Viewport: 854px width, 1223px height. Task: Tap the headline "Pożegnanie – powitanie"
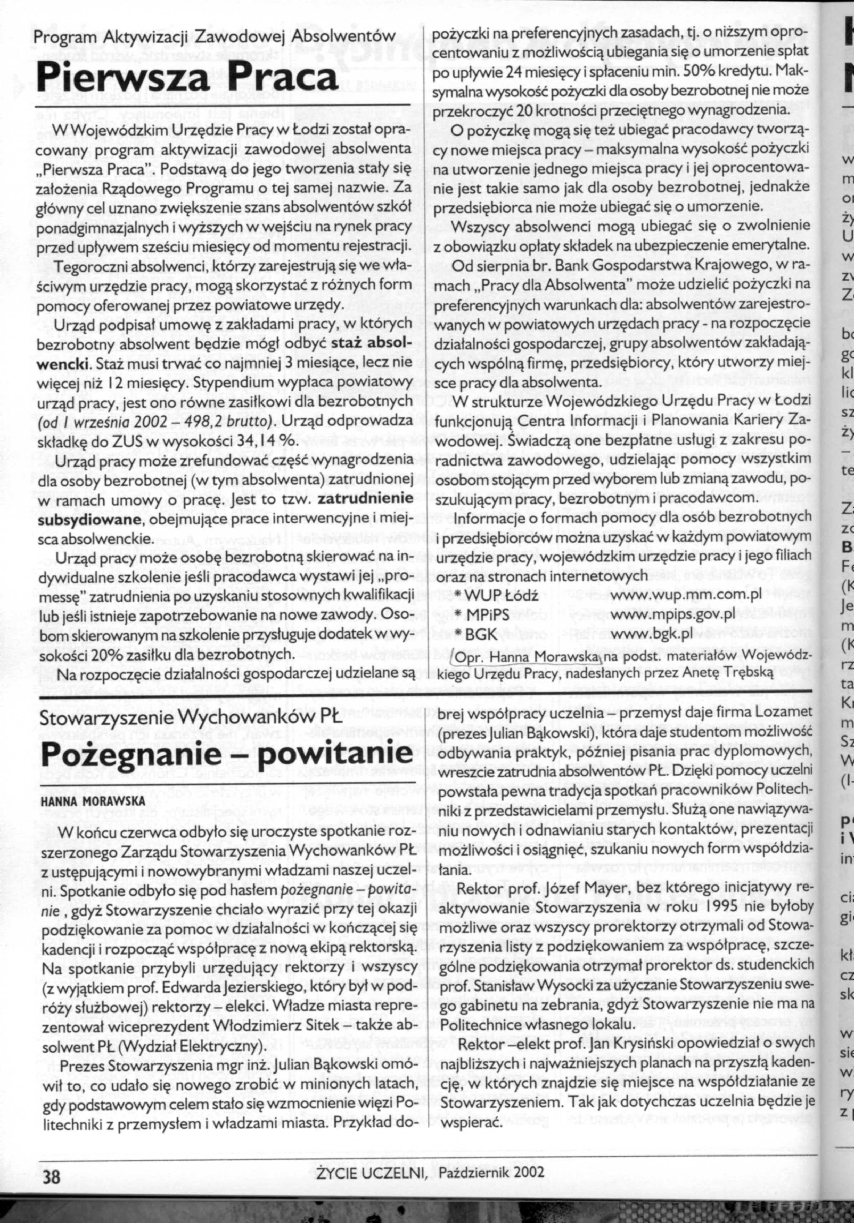pos(226,752)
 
